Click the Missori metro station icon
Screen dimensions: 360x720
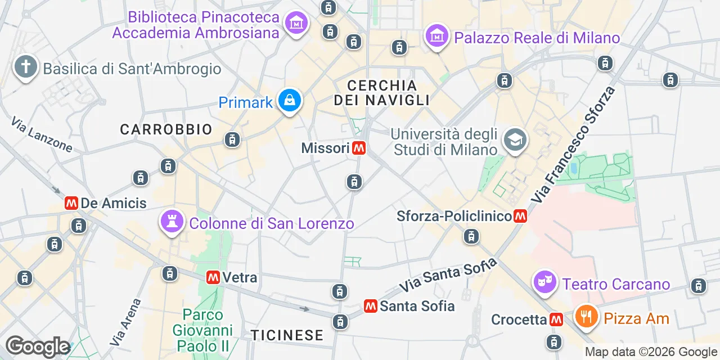click(x=359, y=148)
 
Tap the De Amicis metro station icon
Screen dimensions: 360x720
click(x=71, y=203)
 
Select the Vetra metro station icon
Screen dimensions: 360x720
click(x=213, y=277)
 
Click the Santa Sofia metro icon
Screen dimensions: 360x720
click(x=370, y=306)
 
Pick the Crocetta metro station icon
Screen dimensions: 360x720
click(x=556, y=319)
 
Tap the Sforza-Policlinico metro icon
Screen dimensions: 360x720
click(x=520, y=216)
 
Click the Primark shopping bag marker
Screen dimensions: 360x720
click(x=290, y=101)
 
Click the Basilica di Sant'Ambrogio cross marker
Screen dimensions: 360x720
click(x=25, y=67)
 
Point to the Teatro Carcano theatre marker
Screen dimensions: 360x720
click(x=544, y=282)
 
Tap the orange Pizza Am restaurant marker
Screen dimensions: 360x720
click(x=587, y=317)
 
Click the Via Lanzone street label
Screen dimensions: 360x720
click(x=42, y=134)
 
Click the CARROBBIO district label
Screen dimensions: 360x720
click(x=166, y=129)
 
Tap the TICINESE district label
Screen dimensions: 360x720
click(x=287, y=335)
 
